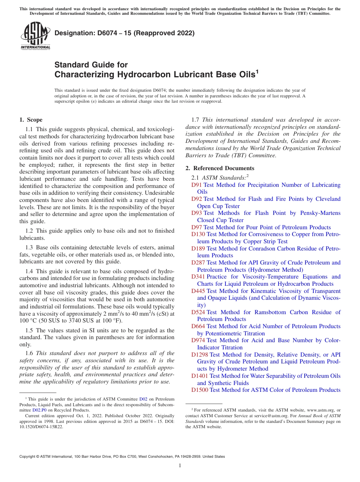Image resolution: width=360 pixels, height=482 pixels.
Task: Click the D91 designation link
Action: pyautogui.click(x=196, y=185)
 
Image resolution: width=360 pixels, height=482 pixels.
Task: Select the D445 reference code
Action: pyautogui.click(x=198, y=291)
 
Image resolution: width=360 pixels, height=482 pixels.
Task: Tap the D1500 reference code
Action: pyautogui.click(x=199, y=390)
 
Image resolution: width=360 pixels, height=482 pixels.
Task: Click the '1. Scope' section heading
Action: pyautogui.click(x=31, y=120)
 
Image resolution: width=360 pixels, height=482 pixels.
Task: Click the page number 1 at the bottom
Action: pyautogui.click(x=180, y=466)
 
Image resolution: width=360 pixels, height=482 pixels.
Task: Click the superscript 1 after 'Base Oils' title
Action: pyautogui.click(x=257, y=71)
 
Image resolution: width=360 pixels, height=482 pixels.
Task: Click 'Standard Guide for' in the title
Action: pyautogui.click(x=91, y=65)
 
